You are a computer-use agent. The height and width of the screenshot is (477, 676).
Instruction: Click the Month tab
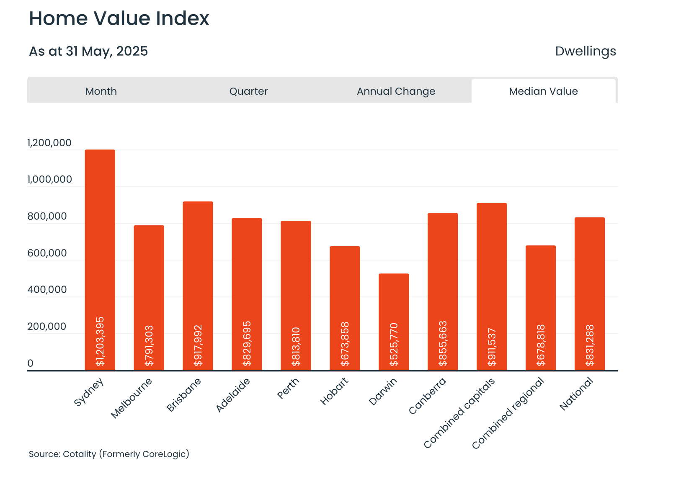(101, 91)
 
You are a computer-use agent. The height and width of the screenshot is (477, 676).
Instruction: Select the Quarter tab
(248, 91)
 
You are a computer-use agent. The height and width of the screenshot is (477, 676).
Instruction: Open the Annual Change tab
(396, 91)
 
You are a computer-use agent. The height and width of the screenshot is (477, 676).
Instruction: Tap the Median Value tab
(543, 91)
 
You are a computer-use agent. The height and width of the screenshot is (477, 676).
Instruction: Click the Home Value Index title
(119, 18)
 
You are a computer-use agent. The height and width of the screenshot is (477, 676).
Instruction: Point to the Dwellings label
(585, 51)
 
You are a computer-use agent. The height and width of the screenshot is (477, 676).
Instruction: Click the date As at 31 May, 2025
(88, 51)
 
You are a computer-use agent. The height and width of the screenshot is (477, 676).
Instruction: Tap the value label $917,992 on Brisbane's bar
(198, 345)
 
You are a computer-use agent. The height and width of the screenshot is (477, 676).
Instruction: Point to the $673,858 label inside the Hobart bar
(345, 344)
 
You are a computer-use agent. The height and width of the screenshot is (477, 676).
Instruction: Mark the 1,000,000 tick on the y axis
(49, 179)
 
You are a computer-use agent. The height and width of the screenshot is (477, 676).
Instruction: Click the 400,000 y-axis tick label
(47, 290)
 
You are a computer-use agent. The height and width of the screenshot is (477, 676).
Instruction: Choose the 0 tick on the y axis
(30, 363)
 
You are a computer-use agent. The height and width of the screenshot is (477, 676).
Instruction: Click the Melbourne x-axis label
(132, 398)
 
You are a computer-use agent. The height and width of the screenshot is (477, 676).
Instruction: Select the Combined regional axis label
(508, 413)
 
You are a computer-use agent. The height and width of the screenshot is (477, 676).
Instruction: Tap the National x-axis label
(577, 394)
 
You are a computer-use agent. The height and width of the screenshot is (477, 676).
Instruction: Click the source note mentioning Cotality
(109, 454)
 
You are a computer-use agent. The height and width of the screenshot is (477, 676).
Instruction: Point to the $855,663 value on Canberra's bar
(443, 343)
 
